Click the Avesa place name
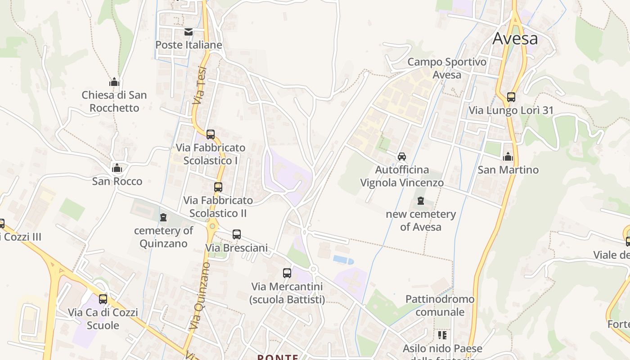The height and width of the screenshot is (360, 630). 515,38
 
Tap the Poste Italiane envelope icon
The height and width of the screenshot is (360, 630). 188,32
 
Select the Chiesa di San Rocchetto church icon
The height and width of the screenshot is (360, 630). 114,82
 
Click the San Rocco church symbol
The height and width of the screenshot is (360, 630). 117,168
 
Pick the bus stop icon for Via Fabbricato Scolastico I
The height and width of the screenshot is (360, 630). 210,134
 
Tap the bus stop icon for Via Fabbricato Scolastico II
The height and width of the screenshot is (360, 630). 218,187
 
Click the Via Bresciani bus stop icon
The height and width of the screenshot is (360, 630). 237,234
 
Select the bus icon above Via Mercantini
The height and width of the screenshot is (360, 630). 287,273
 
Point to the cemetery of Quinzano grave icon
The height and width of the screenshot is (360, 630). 163,217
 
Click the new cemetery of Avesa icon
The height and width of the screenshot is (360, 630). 421,201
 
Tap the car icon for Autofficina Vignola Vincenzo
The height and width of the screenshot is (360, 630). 402,157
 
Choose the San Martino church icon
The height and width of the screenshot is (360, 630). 508,157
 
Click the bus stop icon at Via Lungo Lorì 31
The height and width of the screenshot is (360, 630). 511,97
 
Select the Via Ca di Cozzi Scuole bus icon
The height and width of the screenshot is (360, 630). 103,299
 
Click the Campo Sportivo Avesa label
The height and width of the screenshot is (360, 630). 447,68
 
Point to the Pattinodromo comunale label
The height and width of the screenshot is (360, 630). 440,305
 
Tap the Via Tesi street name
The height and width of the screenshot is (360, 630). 200,85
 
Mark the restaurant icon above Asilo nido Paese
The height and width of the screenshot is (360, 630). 442,335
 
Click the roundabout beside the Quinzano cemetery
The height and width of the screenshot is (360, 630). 212,225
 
